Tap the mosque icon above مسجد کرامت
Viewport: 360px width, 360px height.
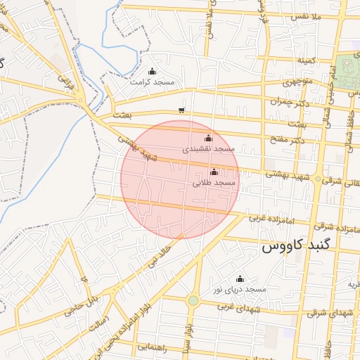click(153, 72)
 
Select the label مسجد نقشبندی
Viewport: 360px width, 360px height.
click(208, 149)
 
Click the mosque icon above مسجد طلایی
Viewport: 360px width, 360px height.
click(214, 172)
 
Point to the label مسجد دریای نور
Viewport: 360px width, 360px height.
click(240, 290)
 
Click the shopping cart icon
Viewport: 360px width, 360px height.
click(182, 110)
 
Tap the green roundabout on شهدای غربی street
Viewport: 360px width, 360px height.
click(193, 301)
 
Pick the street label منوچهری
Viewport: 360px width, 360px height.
click(296, 82)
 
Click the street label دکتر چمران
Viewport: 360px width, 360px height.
click(289, 102)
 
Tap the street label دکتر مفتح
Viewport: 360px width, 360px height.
click(290, 141)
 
